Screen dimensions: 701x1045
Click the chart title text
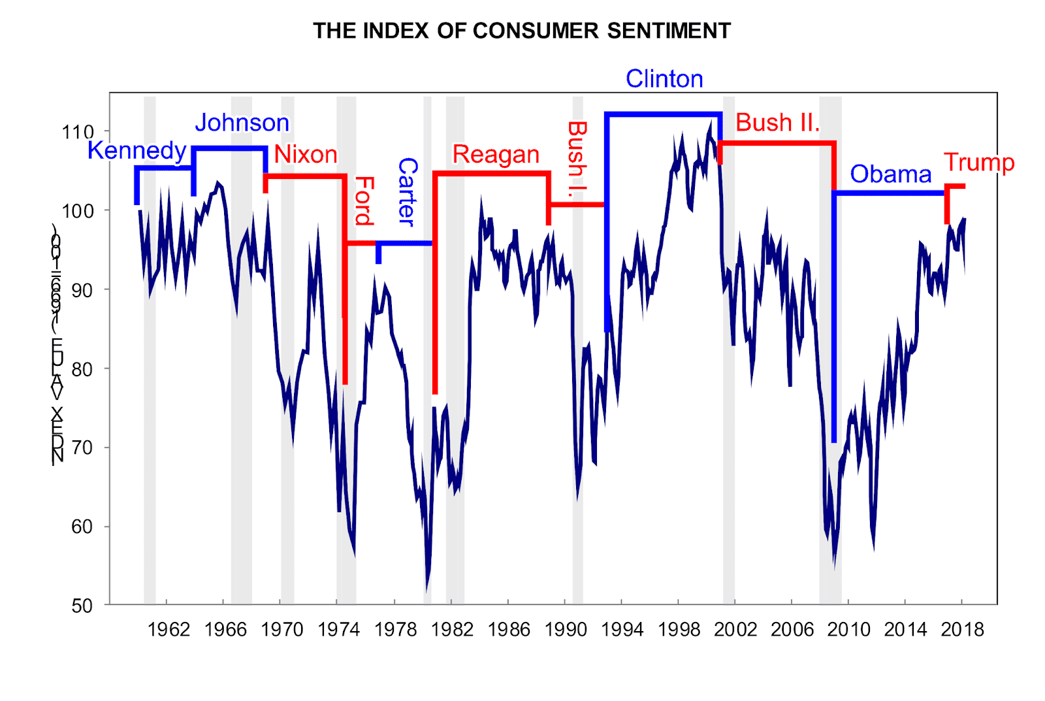[x=521, y=31]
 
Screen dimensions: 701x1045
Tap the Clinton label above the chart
[x=664, y=79]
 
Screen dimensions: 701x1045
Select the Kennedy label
[x=137, y=150]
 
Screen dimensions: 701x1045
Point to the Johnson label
[x=242, y=123]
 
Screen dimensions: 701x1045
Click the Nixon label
[x=306, y=155]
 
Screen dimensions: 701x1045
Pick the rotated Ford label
[x=364, y=201]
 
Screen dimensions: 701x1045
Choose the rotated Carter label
[x=407, y=192]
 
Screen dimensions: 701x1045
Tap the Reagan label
[x=496, y=155]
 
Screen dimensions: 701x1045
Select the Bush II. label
[x=777, y=123]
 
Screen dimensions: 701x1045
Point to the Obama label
[x=890, y=174]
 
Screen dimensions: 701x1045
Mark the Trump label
[x=979, y=163]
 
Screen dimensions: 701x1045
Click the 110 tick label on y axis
[x=78, y=132]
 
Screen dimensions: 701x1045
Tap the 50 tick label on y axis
[x=82, y=606]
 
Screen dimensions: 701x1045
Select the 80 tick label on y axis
[x=82, y=369]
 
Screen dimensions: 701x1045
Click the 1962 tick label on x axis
[x=169, y=630]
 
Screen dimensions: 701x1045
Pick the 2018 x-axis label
[x=962, y=630]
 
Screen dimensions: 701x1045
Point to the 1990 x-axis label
[x=566, y=630]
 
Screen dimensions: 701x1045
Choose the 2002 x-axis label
[x=735, y=630]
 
